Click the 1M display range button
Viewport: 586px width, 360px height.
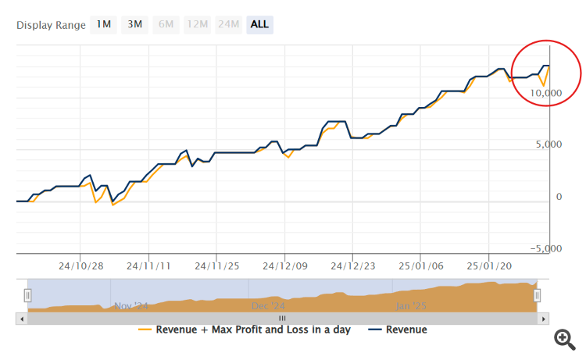pyautogui.click(x=103, y=24)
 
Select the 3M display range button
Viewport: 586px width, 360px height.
pyautogui.click(x=134, y=24)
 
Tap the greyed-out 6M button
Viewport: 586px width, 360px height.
pyautogui.click(x=166, y=24)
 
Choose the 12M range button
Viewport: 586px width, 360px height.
pyautogui.click(x=197, y=24)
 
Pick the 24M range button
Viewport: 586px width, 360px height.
pyautogui.click(x=228, y=24)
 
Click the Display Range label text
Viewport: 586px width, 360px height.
pyautogui.click(x=51, y=25)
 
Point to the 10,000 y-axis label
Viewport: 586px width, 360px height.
pyautogui.click(x=545, y=93)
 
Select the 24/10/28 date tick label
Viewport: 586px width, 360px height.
pyautogui.click(x=80, y=266)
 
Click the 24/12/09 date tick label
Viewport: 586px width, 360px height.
pyautogui.click(x=284, y=266)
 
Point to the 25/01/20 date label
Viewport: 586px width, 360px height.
pyautogui.click(x=489, y=266)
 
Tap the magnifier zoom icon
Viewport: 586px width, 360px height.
pyautogui.click(x=564, y=338)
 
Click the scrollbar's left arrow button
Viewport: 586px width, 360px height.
pyautogui.click(x=22, y=319)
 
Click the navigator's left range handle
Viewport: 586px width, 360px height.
pyautogui.click(x=28, y=295)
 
